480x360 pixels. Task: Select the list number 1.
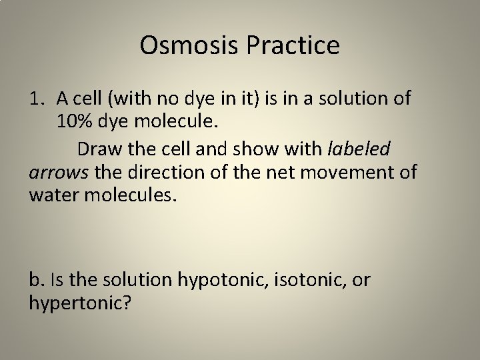click(37, 99)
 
